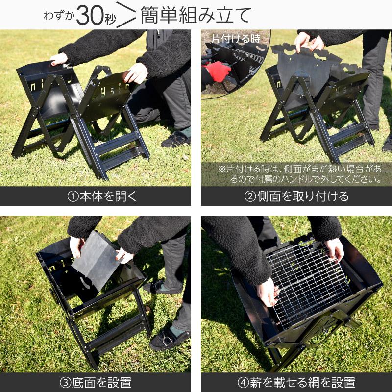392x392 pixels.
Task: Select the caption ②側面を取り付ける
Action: pyautogui.click(x=296, y=196)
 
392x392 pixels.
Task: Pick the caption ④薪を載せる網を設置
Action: pyautogui.click(x=296, y=382)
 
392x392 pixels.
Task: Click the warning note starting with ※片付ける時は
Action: pyautogui.click(x=299, y=174)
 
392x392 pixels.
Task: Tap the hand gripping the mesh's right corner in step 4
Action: pyautogui.click(x=335, y=249)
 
